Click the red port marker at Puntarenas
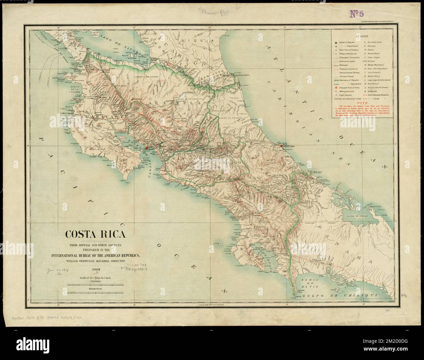(147, 148)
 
